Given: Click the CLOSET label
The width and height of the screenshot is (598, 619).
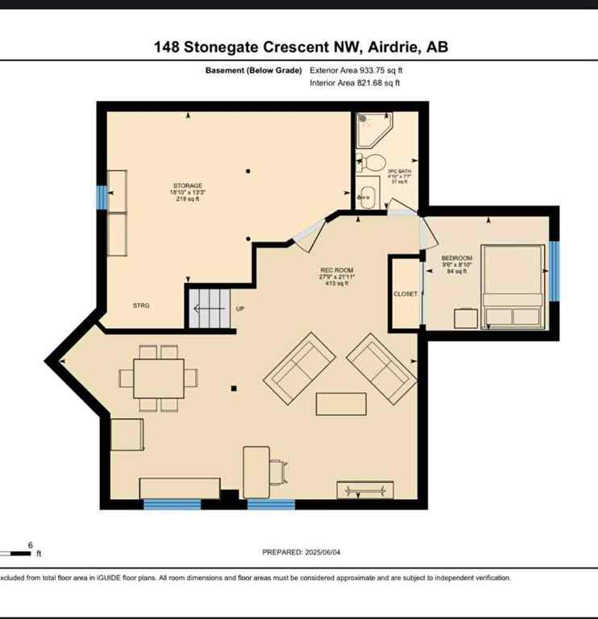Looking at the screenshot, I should pyautogui.click(x=405, y=294).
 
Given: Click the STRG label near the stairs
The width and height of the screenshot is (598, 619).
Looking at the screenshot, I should pyautogui.click(x=142, y=305).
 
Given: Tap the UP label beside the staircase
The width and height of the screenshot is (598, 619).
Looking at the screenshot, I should pyautogui.click(x=240, y=309).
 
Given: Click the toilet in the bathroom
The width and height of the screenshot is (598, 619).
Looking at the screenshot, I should pyautogui.click(x=372, y=164).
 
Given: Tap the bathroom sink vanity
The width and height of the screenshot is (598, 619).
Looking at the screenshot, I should pyautogui.click(x=368, y=197).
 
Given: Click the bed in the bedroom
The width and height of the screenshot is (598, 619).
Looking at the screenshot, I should pyautogui.click(x=513, y=286).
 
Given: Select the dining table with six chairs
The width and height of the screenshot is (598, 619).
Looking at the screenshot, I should pyautogui.click(x=159, y=378).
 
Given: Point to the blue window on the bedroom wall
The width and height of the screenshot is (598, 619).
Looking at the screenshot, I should pyautogui.click(x=554, y=270).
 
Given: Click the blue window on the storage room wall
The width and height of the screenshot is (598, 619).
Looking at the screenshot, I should pyautogui.click(x=102, y=197).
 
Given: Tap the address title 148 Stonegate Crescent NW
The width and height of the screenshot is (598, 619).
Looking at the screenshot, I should pyautogui.click(x=301, y=47).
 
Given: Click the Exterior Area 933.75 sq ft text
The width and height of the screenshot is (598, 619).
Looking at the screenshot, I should pyautogui.click(x=355, y=70).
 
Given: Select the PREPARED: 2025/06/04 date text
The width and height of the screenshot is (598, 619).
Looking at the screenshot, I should pyautogui.click(x=303, y=552).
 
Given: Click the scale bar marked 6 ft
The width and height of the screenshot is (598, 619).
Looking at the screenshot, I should pyautogui.click(x=18, y=553).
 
